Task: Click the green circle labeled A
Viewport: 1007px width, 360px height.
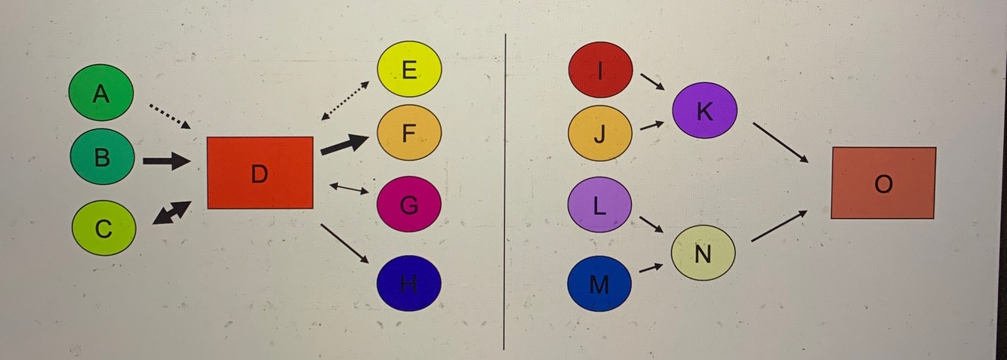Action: click(x=101, y=93)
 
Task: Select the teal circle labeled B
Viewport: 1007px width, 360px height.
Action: click(x=102, y=158)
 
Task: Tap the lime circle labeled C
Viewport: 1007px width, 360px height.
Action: click(x=104, y=228)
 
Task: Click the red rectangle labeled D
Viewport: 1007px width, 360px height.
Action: click(x=260, y=173)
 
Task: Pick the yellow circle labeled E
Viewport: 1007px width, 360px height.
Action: click(x=409, y=69)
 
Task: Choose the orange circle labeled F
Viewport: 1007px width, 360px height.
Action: click(x=409, y=133)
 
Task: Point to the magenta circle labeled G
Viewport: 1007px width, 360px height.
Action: click(x=409, y=204)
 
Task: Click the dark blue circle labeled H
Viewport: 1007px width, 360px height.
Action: click(x=409, y=283)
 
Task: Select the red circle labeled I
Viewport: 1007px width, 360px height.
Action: click(x=600, y=69)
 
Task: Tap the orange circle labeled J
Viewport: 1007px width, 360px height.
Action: click(x=600, y=134)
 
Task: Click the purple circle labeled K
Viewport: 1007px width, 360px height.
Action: click(x=704, y=110)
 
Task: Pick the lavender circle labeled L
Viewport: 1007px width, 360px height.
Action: click(x=599, y=205)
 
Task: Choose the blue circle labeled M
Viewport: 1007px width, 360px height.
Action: click(x=599, y=283)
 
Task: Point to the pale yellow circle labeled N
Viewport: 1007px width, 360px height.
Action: click(x=703, y=253)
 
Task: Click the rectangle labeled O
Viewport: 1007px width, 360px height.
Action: click(x=883, y=183)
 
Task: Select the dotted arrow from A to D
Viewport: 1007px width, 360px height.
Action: click(x=169, y=115)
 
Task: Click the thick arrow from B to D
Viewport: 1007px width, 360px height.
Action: click(x=166, y=161)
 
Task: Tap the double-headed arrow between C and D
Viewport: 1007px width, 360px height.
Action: click(x=171, y=213)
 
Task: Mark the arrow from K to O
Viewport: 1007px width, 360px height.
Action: click(x=781, y=142)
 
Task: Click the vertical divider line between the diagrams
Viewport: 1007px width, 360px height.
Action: click(x=503, y=189)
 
